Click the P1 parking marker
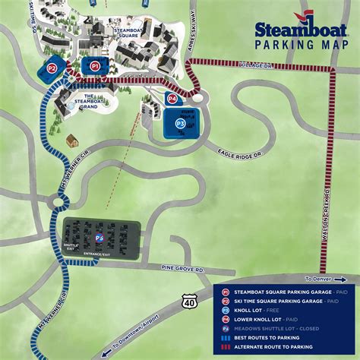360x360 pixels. click(95, 67)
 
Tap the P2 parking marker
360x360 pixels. click(52, 67)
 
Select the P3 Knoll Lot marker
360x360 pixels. click(180, 122)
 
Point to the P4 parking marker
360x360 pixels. click(172, 99)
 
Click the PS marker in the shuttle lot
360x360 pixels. click(99, 238)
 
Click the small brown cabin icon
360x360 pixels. click(72, 141)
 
